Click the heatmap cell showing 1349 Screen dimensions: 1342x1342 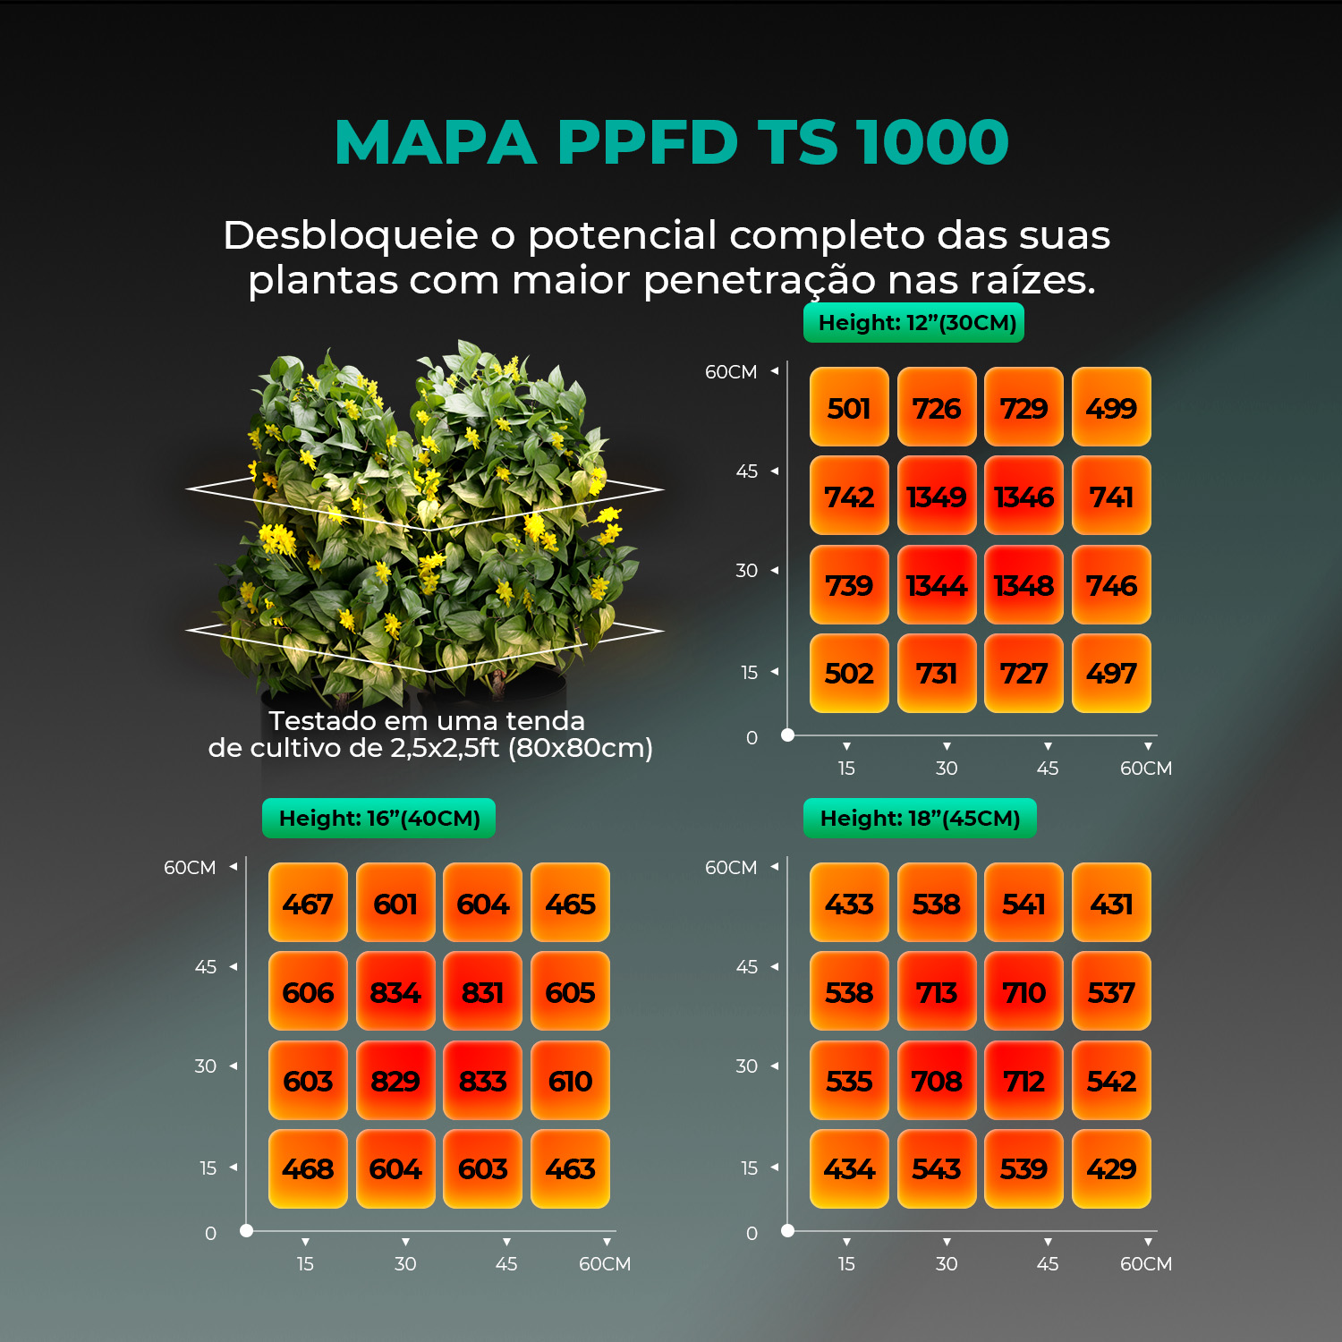(937, 496)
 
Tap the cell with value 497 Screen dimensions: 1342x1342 (1111, 673)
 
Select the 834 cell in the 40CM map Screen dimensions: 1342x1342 (395, 991)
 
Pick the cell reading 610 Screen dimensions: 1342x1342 (570, 1080)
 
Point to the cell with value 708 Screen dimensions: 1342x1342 (937, 1080)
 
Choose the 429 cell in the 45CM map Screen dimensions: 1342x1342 (1111, 1168)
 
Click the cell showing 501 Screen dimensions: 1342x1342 (849, 407)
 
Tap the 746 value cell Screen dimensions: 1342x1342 (1111, 584)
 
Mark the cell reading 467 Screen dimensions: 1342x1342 (308, 903)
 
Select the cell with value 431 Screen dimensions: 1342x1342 (1111, 903)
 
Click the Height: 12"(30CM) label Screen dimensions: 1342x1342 (914, 323)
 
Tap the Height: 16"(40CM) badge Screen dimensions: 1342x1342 (378, 819)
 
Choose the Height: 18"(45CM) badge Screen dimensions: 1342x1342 (920, 819)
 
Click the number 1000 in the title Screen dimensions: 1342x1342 (931, 142)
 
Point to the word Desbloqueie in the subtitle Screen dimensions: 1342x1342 (350, 235)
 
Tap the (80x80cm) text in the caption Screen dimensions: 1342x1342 (580, 748)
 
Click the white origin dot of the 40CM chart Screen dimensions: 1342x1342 (246, 1231)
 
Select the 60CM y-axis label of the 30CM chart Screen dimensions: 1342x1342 (730, 372)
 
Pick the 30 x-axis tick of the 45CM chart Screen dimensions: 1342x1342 (946, 1263)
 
